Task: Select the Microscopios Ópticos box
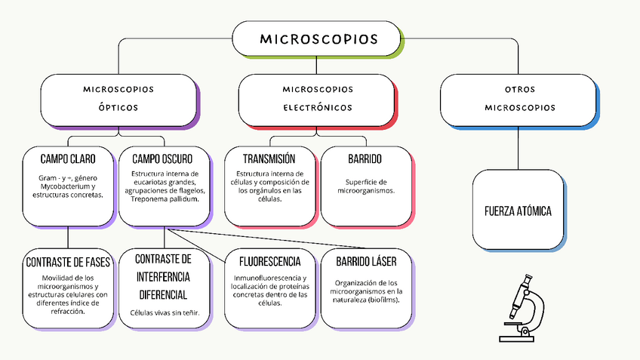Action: pos(118,98)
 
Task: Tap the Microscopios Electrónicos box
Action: pos(318,98)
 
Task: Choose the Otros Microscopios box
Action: pos(518,98)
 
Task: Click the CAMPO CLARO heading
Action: pos(68,159)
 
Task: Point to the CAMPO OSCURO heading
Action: pos(162,159)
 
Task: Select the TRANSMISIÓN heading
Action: pos(269,159)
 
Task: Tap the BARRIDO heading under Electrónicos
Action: pos(365,159)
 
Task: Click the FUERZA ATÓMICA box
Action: pos(518,211)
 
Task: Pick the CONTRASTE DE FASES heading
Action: pos(68,263)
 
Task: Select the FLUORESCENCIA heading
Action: pos(269,262)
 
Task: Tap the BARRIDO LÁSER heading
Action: pos(366,262)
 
